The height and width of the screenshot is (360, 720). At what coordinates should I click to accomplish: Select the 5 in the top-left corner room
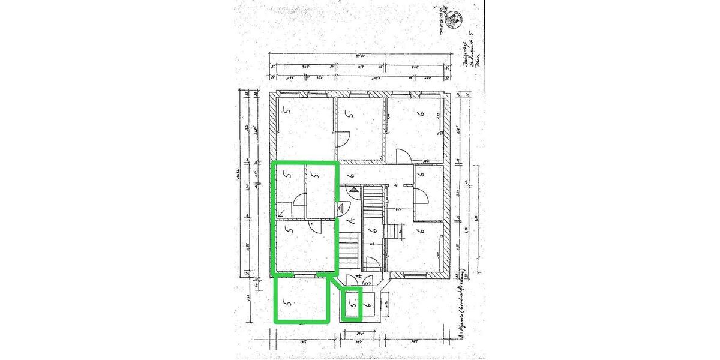click(x=287, y=111)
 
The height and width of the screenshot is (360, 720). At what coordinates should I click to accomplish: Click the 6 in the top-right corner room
click(x=421, y=112)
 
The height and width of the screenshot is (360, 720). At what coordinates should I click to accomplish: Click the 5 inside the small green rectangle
click(x=353, y=304)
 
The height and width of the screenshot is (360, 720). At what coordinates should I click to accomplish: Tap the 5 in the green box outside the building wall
click(x=288, y=304)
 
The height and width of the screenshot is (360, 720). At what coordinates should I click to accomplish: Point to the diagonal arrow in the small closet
click(x=282, y=210)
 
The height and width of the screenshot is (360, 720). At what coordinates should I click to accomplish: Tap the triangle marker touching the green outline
click(x=343, y=209)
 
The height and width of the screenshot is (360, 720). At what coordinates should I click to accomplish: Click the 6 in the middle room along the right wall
click(x=421, y=175)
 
